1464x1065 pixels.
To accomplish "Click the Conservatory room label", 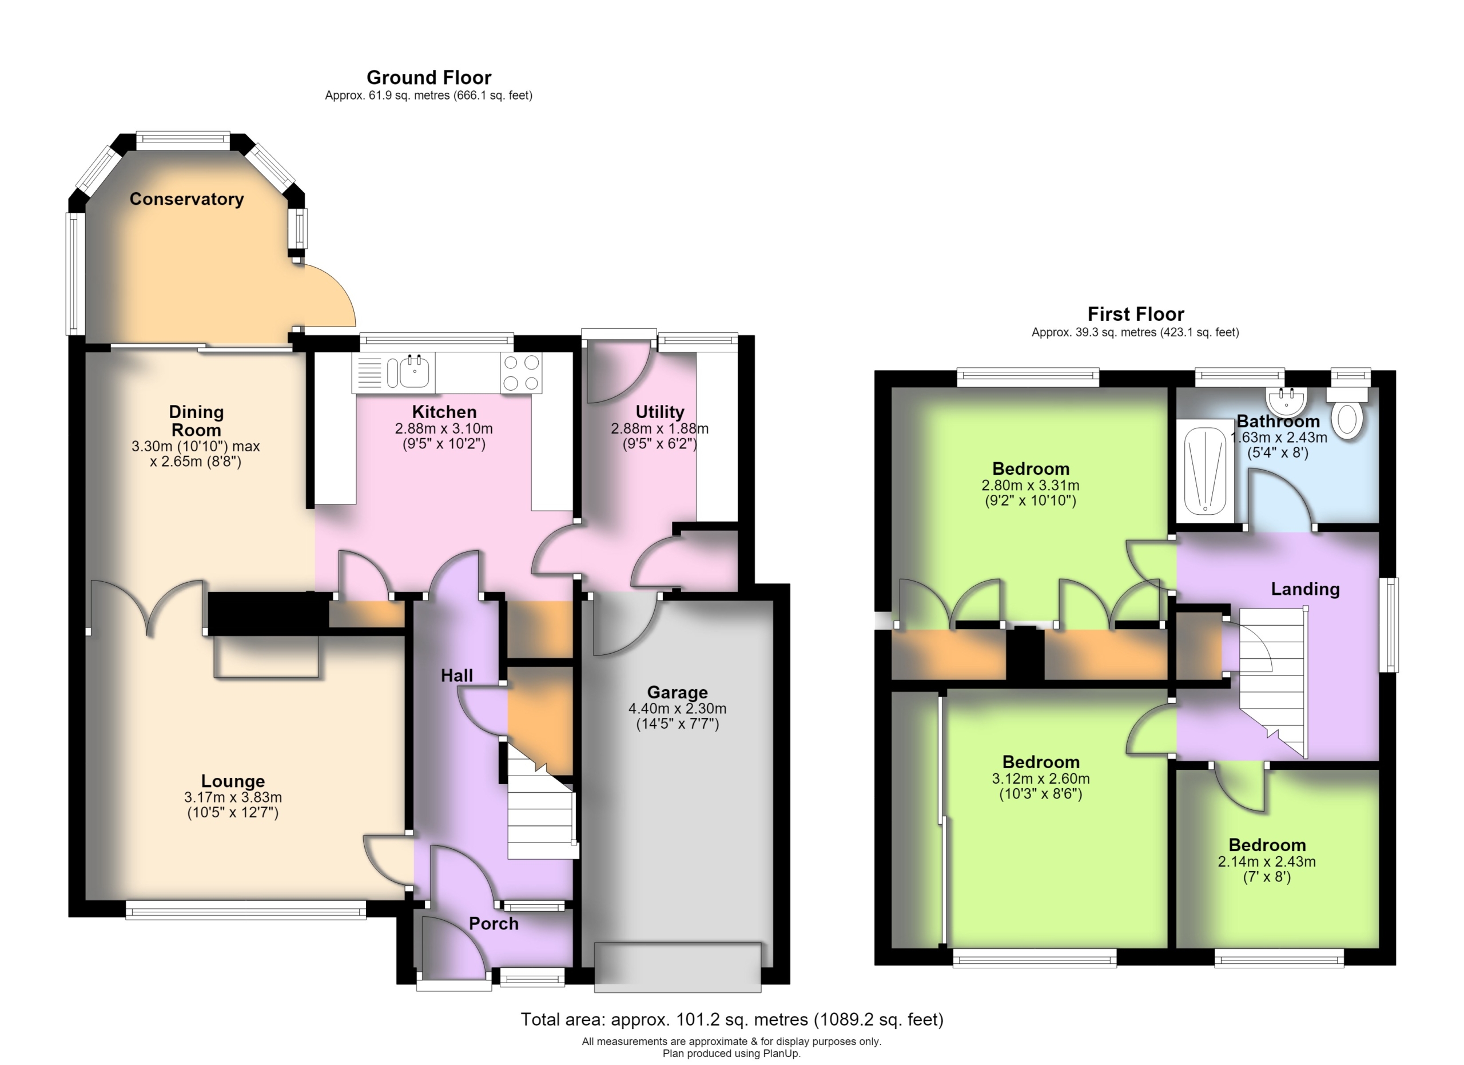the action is [186, 199].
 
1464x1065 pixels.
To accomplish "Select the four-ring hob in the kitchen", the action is [521, 372].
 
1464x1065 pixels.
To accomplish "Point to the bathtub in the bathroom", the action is [1204, 471].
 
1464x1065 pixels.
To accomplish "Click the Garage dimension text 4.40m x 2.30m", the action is [677, 708].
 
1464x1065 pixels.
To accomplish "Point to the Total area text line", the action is [732, 1019].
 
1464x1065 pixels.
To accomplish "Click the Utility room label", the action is [660, 412].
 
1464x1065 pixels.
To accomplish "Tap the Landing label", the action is [1305, 589].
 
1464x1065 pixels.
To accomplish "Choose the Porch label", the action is [493, 924].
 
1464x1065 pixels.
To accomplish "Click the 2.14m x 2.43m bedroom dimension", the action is [1267, 862].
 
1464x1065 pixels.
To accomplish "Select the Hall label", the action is [456, 676].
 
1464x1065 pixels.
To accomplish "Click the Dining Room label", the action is [196, 421].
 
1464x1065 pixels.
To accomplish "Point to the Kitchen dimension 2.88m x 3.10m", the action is [444, 428].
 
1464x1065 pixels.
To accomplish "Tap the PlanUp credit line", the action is [731, 1054].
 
